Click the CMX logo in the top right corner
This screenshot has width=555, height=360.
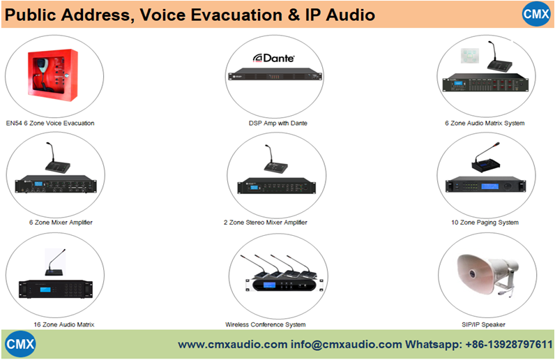click(x=537, y=14)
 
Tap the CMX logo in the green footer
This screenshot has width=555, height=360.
click(x=20, y=345)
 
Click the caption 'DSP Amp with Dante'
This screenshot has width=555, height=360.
click(x=277, y=123)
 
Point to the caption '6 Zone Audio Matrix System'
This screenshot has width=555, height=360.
click(x=485, y=123)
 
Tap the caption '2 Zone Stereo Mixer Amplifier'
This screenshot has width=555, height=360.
click(x=265, y=223)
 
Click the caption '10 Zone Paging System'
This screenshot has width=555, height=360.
click(x=485, y=223)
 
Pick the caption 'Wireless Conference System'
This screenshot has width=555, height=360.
click(x=265, y=324)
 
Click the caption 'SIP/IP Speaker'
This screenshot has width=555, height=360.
click(x=484, y=324)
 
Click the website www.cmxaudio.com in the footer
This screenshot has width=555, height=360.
click(x=232, y=345)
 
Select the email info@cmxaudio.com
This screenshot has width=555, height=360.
click(x=347, y=345)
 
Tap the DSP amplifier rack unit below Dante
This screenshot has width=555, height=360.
click(x=277, y=77)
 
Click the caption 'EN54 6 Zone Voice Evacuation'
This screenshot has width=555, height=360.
click(x=50, y=123)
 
